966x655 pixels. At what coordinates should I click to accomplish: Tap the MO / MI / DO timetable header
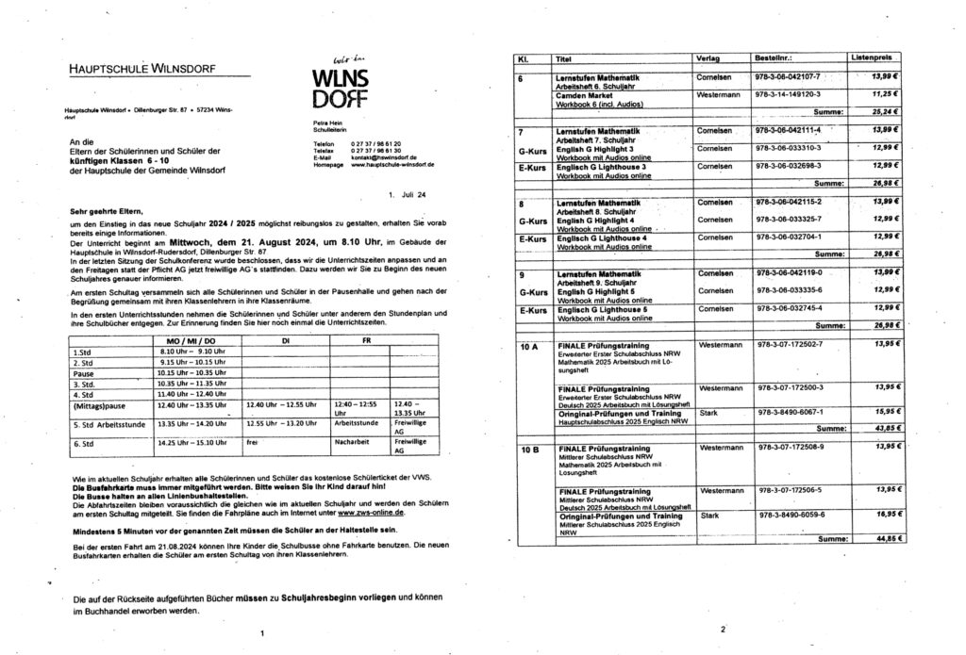191,339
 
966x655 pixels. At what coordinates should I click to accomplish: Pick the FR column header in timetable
368,339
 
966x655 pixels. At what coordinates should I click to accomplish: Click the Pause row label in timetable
83,373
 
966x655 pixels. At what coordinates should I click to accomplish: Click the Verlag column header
708,59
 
